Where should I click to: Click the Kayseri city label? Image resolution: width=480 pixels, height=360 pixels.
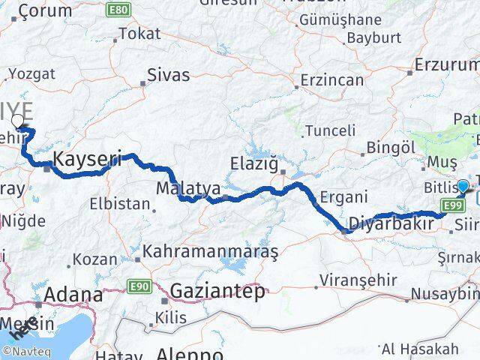tap(87, 159)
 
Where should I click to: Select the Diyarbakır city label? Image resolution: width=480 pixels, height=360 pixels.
tap(391, 223)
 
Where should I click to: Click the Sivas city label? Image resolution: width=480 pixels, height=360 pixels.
tap(168, 75)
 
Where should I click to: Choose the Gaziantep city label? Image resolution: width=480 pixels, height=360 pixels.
tap(217, 292)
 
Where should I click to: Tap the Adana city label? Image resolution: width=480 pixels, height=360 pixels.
tap(73, 295)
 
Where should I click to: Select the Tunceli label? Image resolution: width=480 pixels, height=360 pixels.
tap(329, 130)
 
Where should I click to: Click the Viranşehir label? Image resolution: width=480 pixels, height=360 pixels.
tap(351, 281)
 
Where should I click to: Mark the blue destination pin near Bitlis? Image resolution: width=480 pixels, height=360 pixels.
tap(463, 187)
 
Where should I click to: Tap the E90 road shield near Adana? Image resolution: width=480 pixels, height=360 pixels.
tap(142, 286)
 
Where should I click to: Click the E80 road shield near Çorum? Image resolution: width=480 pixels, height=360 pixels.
tap(117, 10)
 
